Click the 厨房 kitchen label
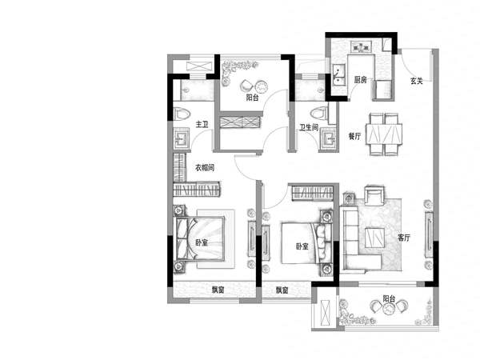tap(360, 80)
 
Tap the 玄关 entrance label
tap(416, 81)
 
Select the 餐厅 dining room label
tap(354, 136)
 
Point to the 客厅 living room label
tap(404, 238)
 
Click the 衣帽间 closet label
tap(205, 167)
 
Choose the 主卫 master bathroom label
tap(202, 124)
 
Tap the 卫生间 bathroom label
tap(309, 127)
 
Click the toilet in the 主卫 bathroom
tap(182, 114)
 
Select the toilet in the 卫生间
tap(318, 113)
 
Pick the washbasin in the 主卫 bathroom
tap(182, 138)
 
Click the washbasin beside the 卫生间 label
tap(329, 138)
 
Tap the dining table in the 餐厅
tap(386, 134)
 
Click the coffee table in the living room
tap(374, 238)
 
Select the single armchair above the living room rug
tap(374, 196)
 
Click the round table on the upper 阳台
tap(261, 86)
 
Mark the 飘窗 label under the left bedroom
tap(218, 290)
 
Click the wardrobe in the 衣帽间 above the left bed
tap(197, 189)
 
